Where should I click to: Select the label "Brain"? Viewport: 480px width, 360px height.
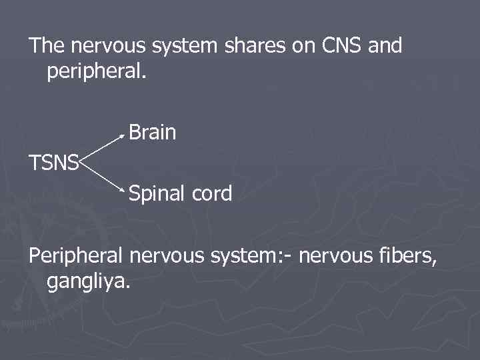point(153,133)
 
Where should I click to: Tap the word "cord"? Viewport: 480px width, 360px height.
point(211,194)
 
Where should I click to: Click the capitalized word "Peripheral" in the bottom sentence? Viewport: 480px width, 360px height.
point(76,255)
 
